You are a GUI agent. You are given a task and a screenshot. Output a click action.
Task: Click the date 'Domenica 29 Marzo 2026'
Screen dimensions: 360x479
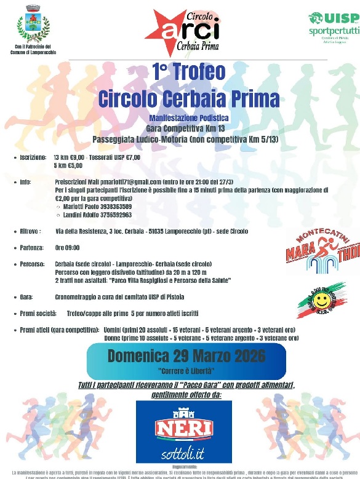tap(186, 355)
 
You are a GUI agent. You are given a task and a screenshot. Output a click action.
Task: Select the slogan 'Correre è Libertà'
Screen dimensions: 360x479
tap(185, 371)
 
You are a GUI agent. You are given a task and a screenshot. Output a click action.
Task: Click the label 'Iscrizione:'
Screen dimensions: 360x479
tap(33, 158)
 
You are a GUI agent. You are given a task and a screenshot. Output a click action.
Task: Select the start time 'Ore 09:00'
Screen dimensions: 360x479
tap(68, 248)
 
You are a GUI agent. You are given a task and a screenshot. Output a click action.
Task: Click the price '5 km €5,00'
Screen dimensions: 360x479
tap(68, 165)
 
